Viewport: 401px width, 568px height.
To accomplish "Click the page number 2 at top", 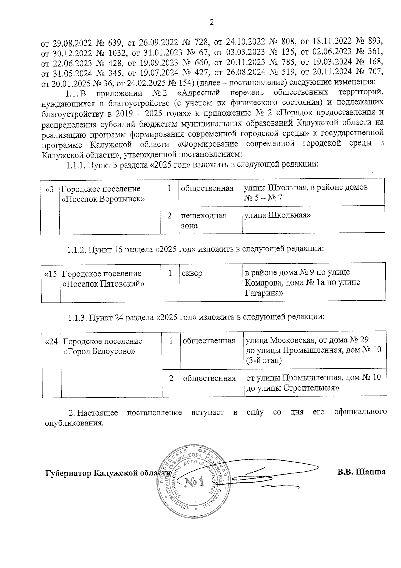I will pos(211,22).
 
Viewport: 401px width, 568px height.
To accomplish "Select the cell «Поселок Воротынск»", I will pos(104,199).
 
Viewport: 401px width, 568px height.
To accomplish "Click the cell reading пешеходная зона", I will pos(204,220).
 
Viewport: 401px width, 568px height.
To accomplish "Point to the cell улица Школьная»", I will pos(277,215).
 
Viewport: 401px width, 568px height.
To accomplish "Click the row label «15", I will pos(51,274).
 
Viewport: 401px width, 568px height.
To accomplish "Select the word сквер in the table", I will pos(192,273).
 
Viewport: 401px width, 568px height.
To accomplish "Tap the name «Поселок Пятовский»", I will pos(104,284).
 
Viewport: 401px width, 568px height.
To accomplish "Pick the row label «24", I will pos(52,341).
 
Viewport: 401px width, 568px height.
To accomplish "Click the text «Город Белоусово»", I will pos(99,351).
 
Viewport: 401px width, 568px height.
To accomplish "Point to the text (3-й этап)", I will pos(264,360).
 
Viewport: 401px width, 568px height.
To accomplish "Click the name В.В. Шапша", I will pos(361,472).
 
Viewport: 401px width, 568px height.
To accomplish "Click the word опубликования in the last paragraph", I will pos(73,423).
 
